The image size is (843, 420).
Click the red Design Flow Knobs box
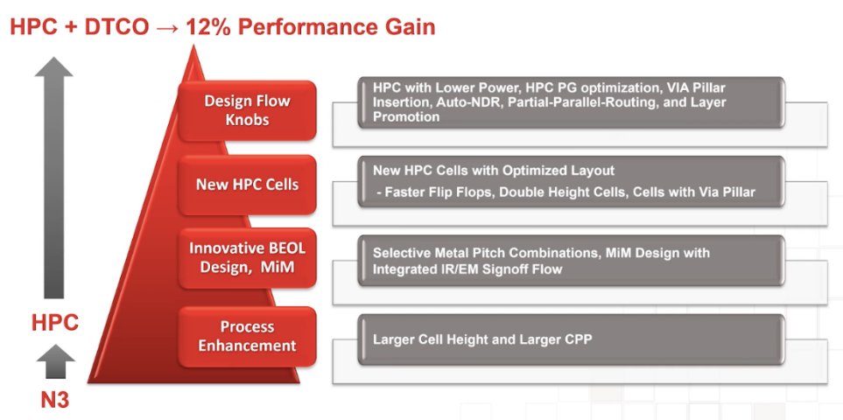point(248,110)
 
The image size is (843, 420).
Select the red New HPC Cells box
point(248,185)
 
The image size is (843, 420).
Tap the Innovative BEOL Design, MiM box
point(248,257)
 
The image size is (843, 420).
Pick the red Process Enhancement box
point(248,336)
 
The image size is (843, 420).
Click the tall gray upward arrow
point(53,178)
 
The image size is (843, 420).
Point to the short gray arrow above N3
point(55,361)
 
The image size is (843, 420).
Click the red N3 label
point(55,400)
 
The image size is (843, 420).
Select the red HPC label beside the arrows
point(55,323)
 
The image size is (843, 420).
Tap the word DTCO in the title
point(116,27)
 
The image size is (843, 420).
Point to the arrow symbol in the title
point(167,28)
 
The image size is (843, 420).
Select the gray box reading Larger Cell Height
point(571,339)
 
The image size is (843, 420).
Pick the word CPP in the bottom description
point(578,339)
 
